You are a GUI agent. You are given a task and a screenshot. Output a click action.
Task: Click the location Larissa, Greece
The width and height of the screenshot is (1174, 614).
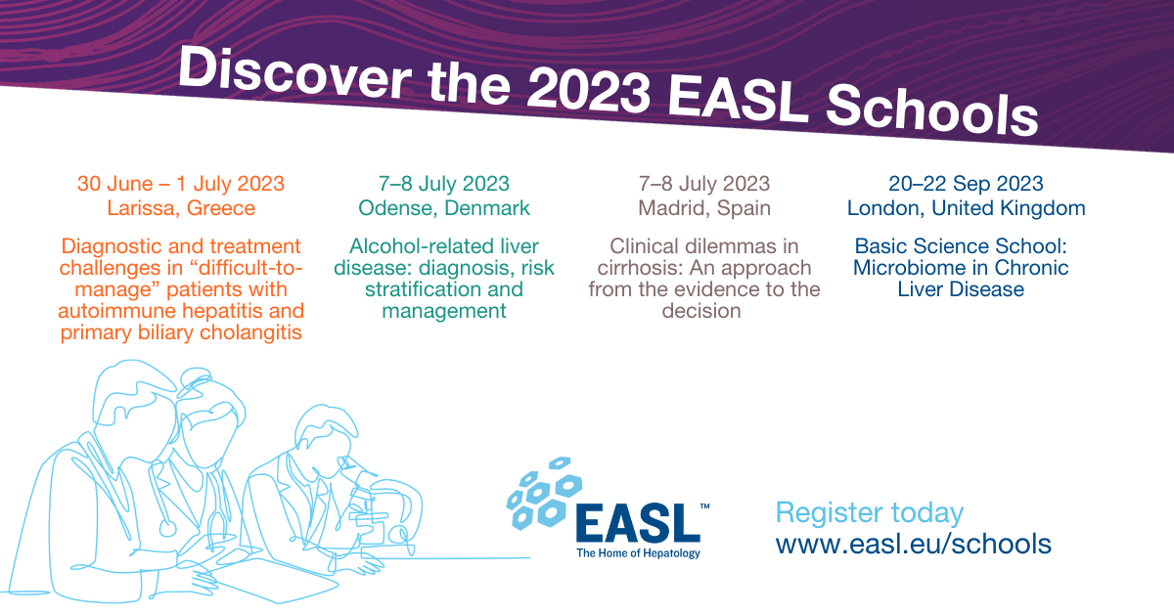point(181,207)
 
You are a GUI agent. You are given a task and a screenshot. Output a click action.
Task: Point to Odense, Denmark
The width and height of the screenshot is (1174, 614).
point(443,207)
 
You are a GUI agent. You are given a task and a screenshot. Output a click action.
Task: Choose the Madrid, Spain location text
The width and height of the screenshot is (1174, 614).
point(704,207)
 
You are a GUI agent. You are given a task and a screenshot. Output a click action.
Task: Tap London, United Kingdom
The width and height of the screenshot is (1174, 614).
point(966,207)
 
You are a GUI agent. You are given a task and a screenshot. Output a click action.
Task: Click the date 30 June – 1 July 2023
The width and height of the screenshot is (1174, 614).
point(181,183)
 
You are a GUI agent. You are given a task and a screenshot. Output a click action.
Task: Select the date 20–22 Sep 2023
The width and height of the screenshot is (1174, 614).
point(966,183)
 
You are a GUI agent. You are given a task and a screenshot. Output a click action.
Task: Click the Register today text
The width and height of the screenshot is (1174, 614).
point(869,512)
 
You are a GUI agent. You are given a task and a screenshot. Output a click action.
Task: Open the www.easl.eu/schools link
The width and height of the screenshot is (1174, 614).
point(913,544)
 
